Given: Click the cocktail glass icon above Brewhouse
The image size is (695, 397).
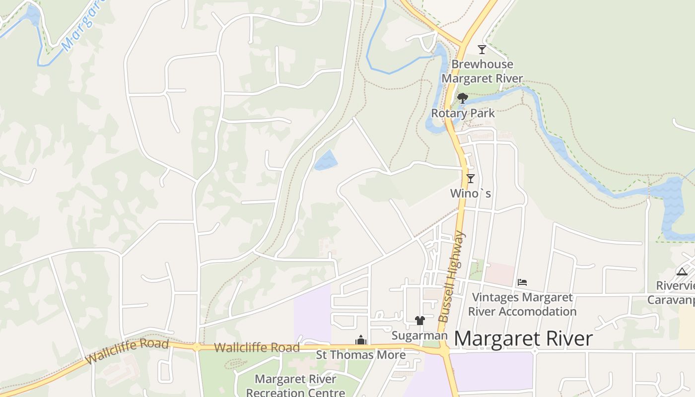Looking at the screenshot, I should point(482,49).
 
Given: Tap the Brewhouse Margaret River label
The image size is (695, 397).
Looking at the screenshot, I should point(482,71).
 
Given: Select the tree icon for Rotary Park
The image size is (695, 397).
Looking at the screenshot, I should point(463,98).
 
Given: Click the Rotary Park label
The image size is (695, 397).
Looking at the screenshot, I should point(463,113).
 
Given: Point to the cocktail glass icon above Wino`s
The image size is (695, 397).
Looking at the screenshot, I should point(471,179).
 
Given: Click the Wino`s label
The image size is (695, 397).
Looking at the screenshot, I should point(471,193).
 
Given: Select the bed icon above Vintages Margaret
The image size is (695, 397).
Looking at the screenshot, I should point(522,282).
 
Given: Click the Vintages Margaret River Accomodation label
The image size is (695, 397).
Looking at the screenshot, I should point(522,305).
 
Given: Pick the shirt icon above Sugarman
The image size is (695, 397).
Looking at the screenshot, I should point(420,321).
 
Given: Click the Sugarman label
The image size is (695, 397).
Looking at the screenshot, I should point(419,335).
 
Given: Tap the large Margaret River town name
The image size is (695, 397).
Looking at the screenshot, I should point(523,339).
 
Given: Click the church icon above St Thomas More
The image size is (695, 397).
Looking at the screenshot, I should point(361,340).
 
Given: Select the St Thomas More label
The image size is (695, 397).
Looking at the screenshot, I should point(361,355).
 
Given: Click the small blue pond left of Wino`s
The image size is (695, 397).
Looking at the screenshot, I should point(326,160).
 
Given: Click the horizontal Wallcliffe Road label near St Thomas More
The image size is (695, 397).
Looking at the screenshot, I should point(257,348).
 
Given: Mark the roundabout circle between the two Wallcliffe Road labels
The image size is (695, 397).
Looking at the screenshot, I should point(197,347).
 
